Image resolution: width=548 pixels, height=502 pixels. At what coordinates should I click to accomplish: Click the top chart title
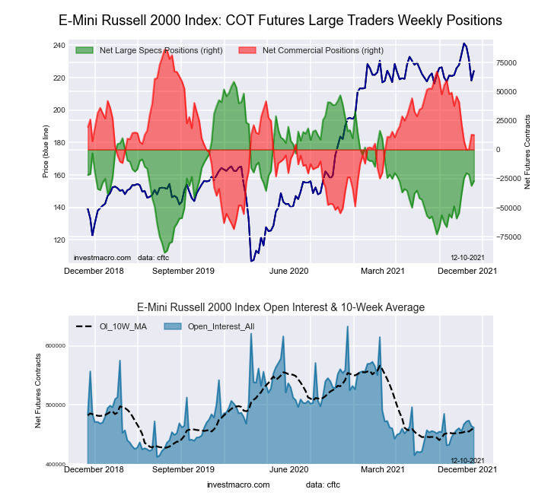tap(280, 20)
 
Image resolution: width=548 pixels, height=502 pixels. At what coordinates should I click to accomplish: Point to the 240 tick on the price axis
tap(59, 46)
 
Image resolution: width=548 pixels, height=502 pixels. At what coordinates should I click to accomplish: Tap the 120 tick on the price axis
tap(59, 240)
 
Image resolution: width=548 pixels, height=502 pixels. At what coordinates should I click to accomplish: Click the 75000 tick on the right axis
tap(508, 63)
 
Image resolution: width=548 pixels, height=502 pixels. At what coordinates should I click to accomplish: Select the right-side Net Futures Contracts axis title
tap(527, 152)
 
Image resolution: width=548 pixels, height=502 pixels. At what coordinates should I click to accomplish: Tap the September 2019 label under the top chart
tap(183, 271)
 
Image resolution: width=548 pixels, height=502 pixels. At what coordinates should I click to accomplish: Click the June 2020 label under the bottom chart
tap(289, 469)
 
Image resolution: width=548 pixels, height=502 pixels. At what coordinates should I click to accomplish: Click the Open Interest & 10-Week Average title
tap(280, 307)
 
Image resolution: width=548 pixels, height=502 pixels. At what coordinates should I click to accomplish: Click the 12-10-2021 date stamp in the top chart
tap(467, 259)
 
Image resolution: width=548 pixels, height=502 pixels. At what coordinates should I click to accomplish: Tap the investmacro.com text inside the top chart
tap(103, 259)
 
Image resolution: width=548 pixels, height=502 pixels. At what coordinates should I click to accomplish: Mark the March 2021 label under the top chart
tap(382, 271)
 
